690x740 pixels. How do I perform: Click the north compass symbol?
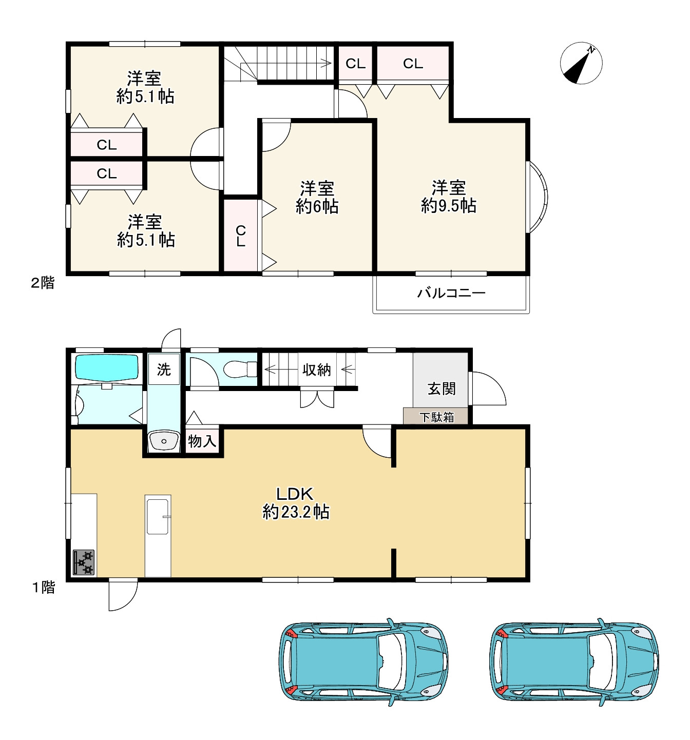click(x=581, y=63)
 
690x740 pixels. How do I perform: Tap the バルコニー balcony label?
click(x=451, y=293)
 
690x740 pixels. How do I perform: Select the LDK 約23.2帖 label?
click(x=295, y=503)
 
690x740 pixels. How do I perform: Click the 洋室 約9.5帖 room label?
click(x=448, y=197)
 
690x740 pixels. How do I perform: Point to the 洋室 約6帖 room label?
click(x=317, y=197)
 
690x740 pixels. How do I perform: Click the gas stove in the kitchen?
click(x=84, y=562)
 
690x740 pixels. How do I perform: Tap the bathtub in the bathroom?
click(x=107, y=367)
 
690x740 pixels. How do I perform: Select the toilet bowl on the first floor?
click(x=239, y=369)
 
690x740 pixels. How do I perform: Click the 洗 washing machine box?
click(x=164, y=369)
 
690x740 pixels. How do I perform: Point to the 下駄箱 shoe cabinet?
click(x=435, y=416)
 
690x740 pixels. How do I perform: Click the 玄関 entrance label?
click(x=442, y=388)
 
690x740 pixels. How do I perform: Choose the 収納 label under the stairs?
click(x=316, y=369)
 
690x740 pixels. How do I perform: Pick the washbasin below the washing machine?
click(x=164, y=441)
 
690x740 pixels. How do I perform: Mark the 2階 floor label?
click(x=43, y=283)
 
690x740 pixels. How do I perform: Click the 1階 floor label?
click(x=44, y=588)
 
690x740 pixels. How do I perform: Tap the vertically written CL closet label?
click(x=240, y=236)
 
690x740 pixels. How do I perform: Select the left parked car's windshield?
click(x=391, y=661)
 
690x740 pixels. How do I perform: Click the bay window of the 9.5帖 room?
click(x=537, y=197)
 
